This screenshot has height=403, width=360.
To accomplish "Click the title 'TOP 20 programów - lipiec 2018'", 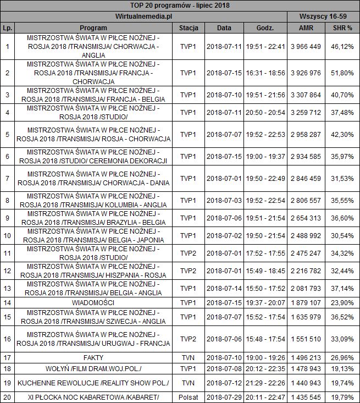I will coord(180,5).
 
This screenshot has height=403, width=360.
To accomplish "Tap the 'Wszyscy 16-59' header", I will coord(323,16).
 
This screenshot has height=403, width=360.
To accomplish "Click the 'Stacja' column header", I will coord(189,27).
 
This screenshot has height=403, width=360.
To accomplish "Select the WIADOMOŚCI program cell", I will coord(93,302).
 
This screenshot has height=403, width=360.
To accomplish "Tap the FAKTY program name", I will coord(93,357).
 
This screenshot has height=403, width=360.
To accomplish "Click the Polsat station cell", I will coord(189,397).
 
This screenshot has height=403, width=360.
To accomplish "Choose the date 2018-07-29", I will coord(224,397).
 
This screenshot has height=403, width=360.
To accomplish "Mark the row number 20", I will coord(7,397).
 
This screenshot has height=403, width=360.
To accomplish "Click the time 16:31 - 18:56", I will coord(265,73).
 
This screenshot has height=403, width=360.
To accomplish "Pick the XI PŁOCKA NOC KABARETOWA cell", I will coord(93,397).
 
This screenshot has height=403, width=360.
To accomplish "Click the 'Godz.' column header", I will coord(265,27).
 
